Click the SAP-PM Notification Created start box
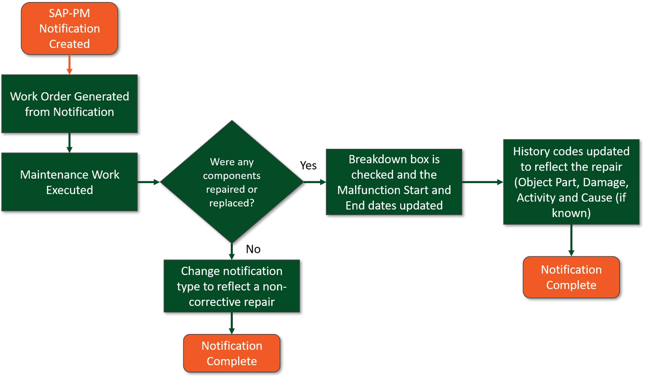pyautogui.click(x=70, y=29)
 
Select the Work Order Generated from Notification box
pyautogui.click(x=70, y=104)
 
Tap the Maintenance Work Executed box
pyautogui.click(x=70, y=182)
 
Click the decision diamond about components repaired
pyautogui.click(x=232, y=182)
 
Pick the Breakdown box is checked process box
pyautogui.click(x=394, y=182)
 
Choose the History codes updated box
pyautogui.click(x=571, y=182)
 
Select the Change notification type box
pyautogui.click(x=232, y=286)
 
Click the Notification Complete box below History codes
pyautogui.click(x=571, y=277)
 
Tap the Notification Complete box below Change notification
pyautogui.click(x=232, y=353)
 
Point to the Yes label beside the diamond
pyautogui.click(x=308, y=166)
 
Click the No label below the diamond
pyautogui.click(x=253, y=249)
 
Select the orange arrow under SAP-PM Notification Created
pyautogui.click(x=70, y=65)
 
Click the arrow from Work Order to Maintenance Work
pyautogui.click(x=70, y=143)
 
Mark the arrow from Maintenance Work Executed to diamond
pyautogui.click(x=149, y=182)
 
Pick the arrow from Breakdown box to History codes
pyautogui.click(x=483, y=182)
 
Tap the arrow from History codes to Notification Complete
pyautogui.click(x=571, y=240)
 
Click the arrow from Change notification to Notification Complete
pyautogui.click(x=232, y=323)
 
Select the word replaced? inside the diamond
pyautogui.click(x=232, y=203)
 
